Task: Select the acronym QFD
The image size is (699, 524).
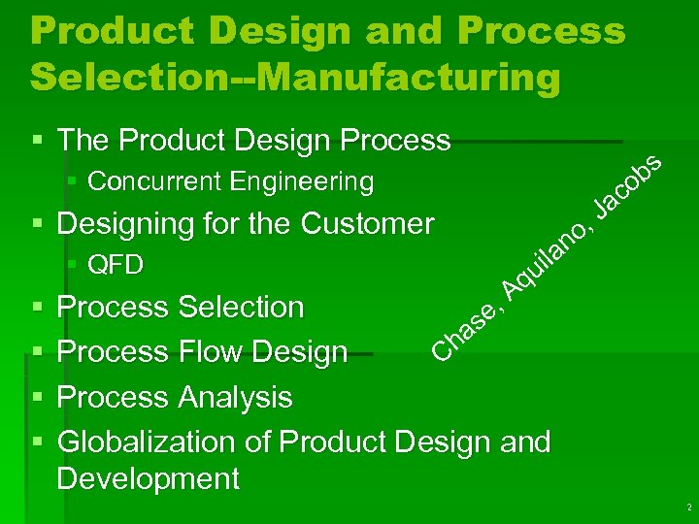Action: click(x=116, y=265)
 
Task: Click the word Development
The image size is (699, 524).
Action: click(x=148, y=478)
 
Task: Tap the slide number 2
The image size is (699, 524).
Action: click(x=687, y=508)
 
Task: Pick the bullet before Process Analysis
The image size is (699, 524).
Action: click(x=38, y=397)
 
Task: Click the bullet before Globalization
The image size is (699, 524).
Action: click(x=38, y=442)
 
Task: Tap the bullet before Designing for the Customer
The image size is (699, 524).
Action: click(x=38, y=224)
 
